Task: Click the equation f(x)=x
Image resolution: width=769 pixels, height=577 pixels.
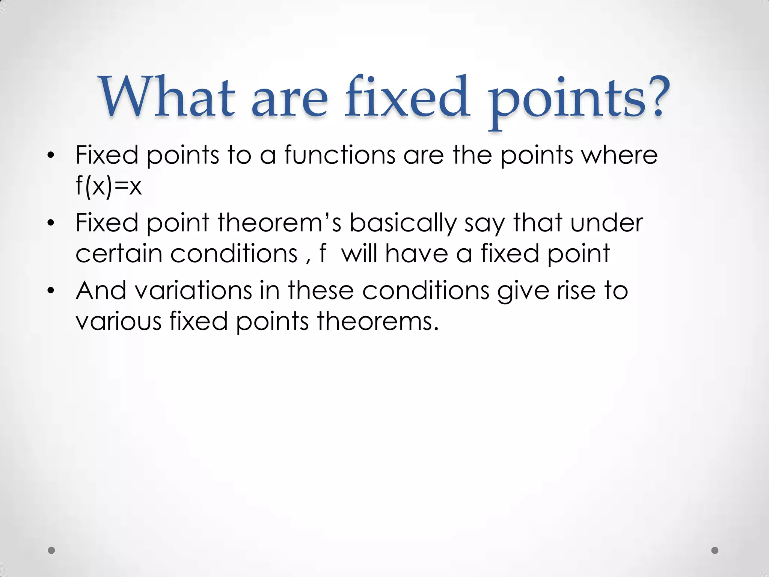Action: pos(109,186)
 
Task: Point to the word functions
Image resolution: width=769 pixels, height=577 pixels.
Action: pos(340,155)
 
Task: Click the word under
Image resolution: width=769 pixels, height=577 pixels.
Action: pos(606,223)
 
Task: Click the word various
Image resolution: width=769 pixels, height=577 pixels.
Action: pos(118,322)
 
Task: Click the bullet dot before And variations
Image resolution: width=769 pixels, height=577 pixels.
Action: pos(51,291)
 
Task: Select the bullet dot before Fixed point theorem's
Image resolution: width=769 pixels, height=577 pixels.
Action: pos(51,224)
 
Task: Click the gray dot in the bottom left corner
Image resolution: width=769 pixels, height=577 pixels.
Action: pos(51,550)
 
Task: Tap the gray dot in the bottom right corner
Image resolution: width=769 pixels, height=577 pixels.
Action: pos(715,550)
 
